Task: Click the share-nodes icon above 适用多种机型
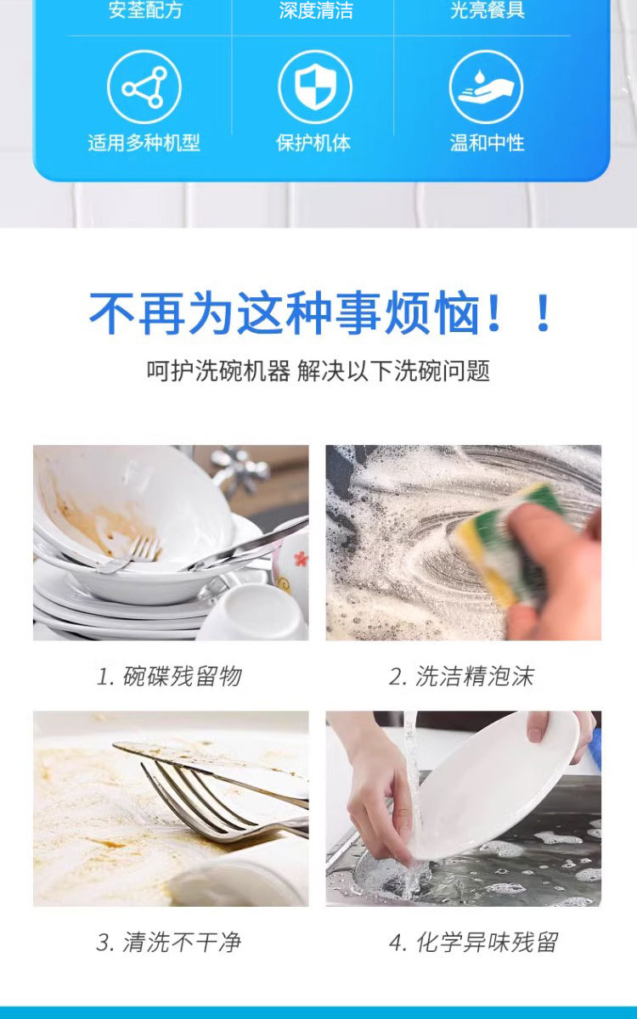[x=144, y=87]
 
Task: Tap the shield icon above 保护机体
[x=315, y=87]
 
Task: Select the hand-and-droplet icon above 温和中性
[x=486, y=87]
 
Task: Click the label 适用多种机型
[x=144, y=143]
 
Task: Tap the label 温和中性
[x=487, y=143]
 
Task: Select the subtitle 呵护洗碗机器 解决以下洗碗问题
[x=318, y=371]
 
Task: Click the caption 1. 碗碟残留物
[x=170, y=676]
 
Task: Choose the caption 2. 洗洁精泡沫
[x=462, y=676]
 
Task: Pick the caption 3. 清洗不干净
[x=169, y=942]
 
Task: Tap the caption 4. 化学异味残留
[x=473, y=942]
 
